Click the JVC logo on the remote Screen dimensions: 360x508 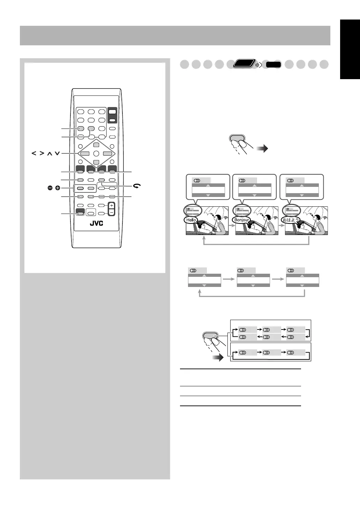tap(96, 223)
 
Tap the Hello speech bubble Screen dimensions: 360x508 tap(191, 220)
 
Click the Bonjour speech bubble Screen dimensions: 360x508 tap(241, 220)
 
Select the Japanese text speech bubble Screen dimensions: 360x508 tap(291, 220)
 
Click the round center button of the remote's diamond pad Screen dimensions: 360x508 tap(96, 153)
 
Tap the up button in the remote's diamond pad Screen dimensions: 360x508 tap(96, 145)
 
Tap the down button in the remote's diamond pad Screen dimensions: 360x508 tap(96, 162)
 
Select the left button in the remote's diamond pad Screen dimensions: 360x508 tap(85, 153)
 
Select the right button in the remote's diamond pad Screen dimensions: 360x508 tap(107, 153)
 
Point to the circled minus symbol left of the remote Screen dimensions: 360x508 tap(50, 188)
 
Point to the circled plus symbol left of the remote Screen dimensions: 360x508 tap(58, 188)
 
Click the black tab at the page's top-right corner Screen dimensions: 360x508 tap(350, 50)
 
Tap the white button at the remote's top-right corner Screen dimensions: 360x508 tap(112, 112)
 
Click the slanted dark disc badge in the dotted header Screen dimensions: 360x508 tap(244, 65)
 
